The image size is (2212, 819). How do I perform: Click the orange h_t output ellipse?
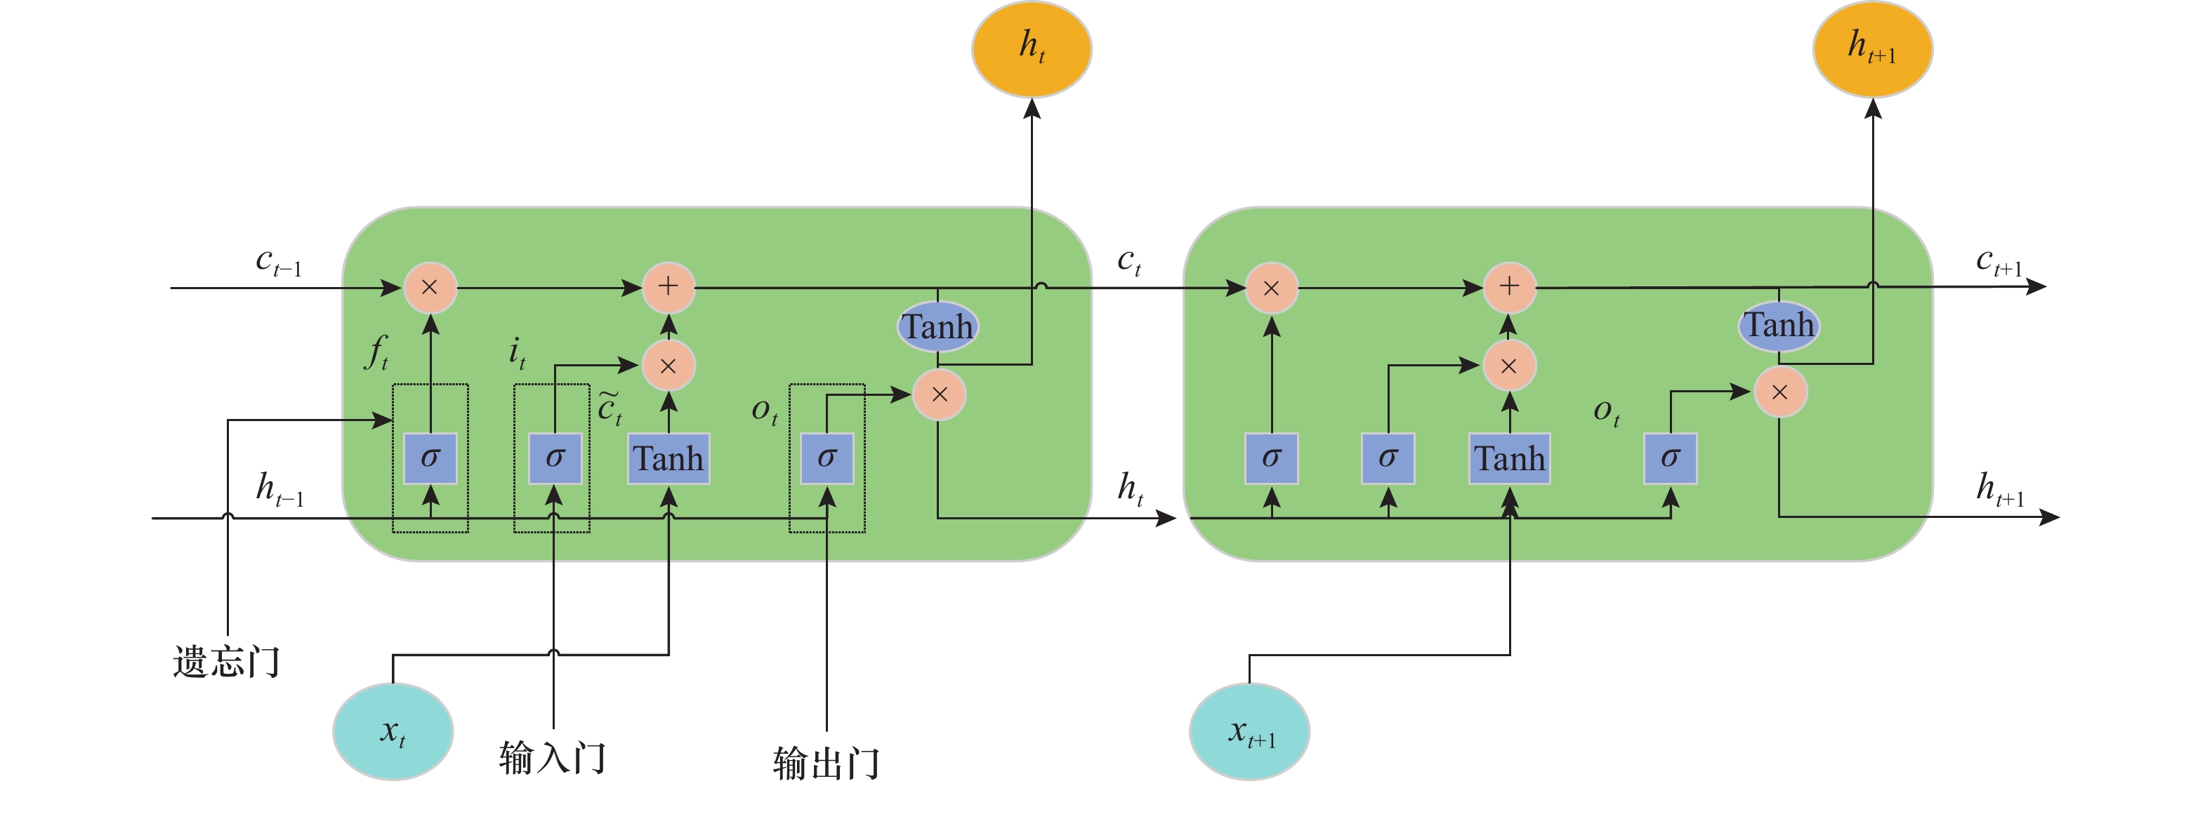[1032, 49]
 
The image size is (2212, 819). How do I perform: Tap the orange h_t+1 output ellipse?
[1873, 49]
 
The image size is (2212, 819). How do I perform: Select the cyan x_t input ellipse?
[393, 731]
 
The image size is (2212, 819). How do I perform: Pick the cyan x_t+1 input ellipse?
[1249, 731]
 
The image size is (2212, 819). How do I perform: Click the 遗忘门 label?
[227, 662]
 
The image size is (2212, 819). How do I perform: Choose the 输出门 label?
[826, 762]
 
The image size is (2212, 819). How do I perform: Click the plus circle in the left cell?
[668, 287]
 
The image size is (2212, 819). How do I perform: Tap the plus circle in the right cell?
[1509, 287]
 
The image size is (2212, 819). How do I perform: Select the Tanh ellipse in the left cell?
[937, 326]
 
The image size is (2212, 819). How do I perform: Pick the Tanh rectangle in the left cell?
[668, 458]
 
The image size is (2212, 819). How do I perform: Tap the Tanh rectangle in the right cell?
[1510, 458]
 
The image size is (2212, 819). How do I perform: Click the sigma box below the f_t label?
[430, 458]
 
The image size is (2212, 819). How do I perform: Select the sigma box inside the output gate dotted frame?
[827, 458]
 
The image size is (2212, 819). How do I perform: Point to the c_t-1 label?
[279, 262]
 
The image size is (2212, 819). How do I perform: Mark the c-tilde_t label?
[610, 408]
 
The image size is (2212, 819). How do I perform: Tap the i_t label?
[517, 352]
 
